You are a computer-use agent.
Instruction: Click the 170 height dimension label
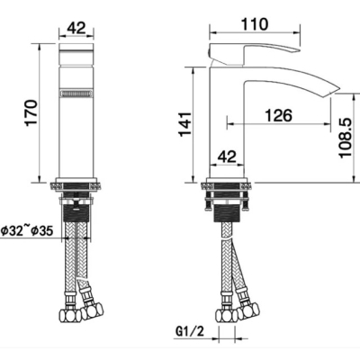coord(31,112)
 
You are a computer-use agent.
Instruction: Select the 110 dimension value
coord(254,24)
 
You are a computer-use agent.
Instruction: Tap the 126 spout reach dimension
coord(279,115)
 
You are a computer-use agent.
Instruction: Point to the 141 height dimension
coord(185,124)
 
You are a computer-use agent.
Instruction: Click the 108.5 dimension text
coord(345,138)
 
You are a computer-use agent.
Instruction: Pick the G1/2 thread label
coord(189,331)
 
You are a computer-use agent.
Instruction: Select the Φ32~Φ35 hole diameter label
coord(27,231)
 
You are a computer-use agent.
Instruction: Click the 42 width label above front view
coord(76,28)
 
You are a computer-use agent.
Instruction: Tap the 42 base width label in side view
coord(227,157)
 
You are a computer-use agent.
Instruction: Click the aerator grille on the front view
coord(76,94)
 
